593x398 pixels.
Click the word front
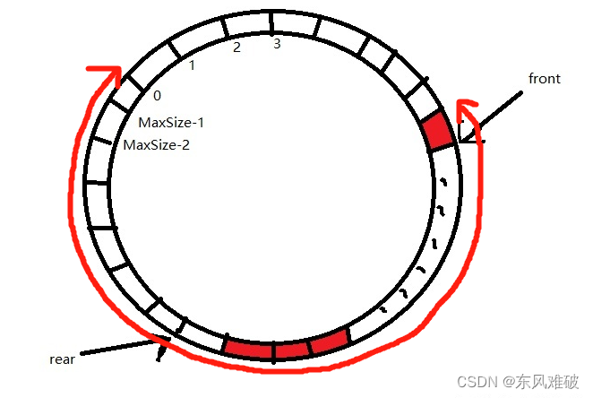(x=544, y=79)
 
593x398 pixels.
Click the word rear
(x=62, y=359)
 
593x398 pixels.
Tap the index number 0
(x=157, y=96)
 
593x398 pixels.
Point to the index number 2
(x=236, y=48)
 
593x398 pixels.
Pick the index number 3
(x=277, y=43)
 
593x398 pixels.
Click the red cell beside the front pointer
(x=437, y=130)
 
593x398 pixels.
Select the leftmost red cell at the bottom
(x=248, y=349)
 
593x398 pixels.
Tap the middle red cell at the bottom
(x=292, y=350)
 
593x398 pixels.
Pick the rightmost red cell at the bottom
(x=330, y=342)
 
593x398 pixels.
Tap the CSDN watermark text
(x=477, y=381)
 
